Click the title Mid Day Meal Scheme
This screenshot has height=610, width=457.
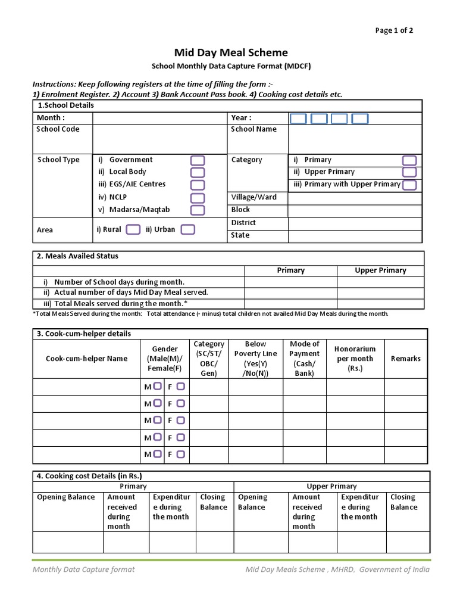point(230,53)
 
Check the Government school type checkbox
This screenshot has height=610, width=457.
point(198,160)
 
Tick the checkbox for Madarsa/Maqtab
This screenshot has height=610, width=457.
point(198,210)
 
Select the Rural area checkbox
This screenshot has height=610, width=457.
point(134,229)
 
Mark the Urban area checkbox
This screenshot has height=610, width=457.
point(187,229)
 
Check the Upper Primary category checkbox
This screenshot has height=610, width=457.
point(409,172)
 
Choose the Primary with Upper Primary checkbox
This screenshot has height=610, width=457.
point(409,185)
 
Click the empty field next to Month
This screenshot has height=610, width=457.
point(159,118)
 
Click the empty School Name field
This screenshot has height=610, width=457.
point(355,138)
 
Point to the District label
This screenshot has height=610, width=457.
point(243,223)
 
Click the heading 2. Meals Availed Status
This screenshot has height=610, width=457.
point(77,256)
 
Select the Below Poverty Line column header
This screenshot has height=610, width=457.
point(255,359)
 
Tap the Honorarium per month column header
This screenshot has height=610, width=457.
point(355,359)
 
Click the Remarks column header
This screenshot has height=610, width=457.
point(405,359)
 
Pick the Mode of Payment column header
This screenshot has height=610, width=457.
point(304,359)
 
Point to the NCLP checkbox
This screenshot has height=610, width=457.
point(198,198)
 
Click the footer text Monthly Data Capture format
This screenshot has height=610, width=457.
point(83,569)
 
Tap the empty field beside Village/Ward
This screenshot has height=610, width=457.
point(355,197)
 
